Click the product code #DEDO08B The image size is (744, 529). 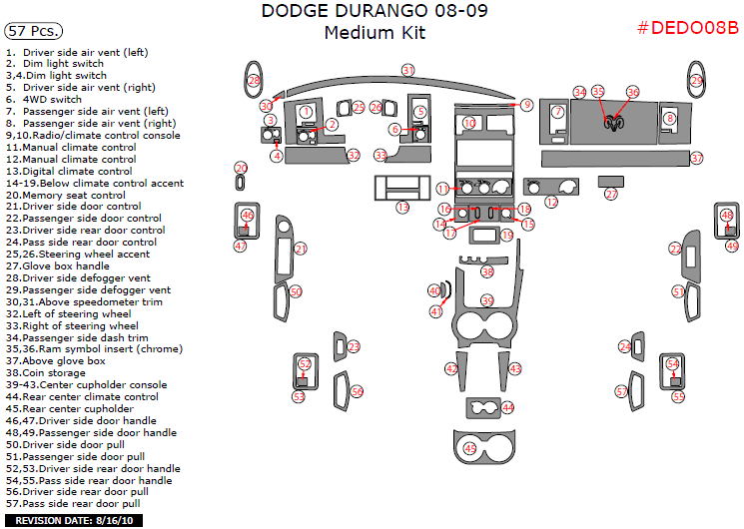coord(687,27)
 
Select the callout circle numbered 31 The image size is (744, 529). coord(407,70)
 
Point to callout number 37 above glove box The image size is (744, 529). coord(696,158)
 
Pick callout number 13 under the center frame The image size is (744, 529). coord(401,207)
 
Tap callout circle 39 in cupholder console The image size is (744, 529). coord(487,300)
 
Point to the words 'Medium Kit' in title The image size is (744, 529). coord(374,33)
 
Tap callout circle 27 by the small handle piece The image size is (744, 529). coord(611,194)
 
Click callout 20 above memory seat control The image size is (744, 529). coord(241,168)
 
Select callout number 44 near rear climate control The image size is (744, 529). coord(507,407)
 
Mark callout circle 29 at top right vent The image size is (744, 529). coord(696,80)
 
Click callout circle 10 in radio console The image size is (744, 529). coord(469,123)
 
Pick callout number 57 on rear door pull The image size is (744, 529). coord(621,392)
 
